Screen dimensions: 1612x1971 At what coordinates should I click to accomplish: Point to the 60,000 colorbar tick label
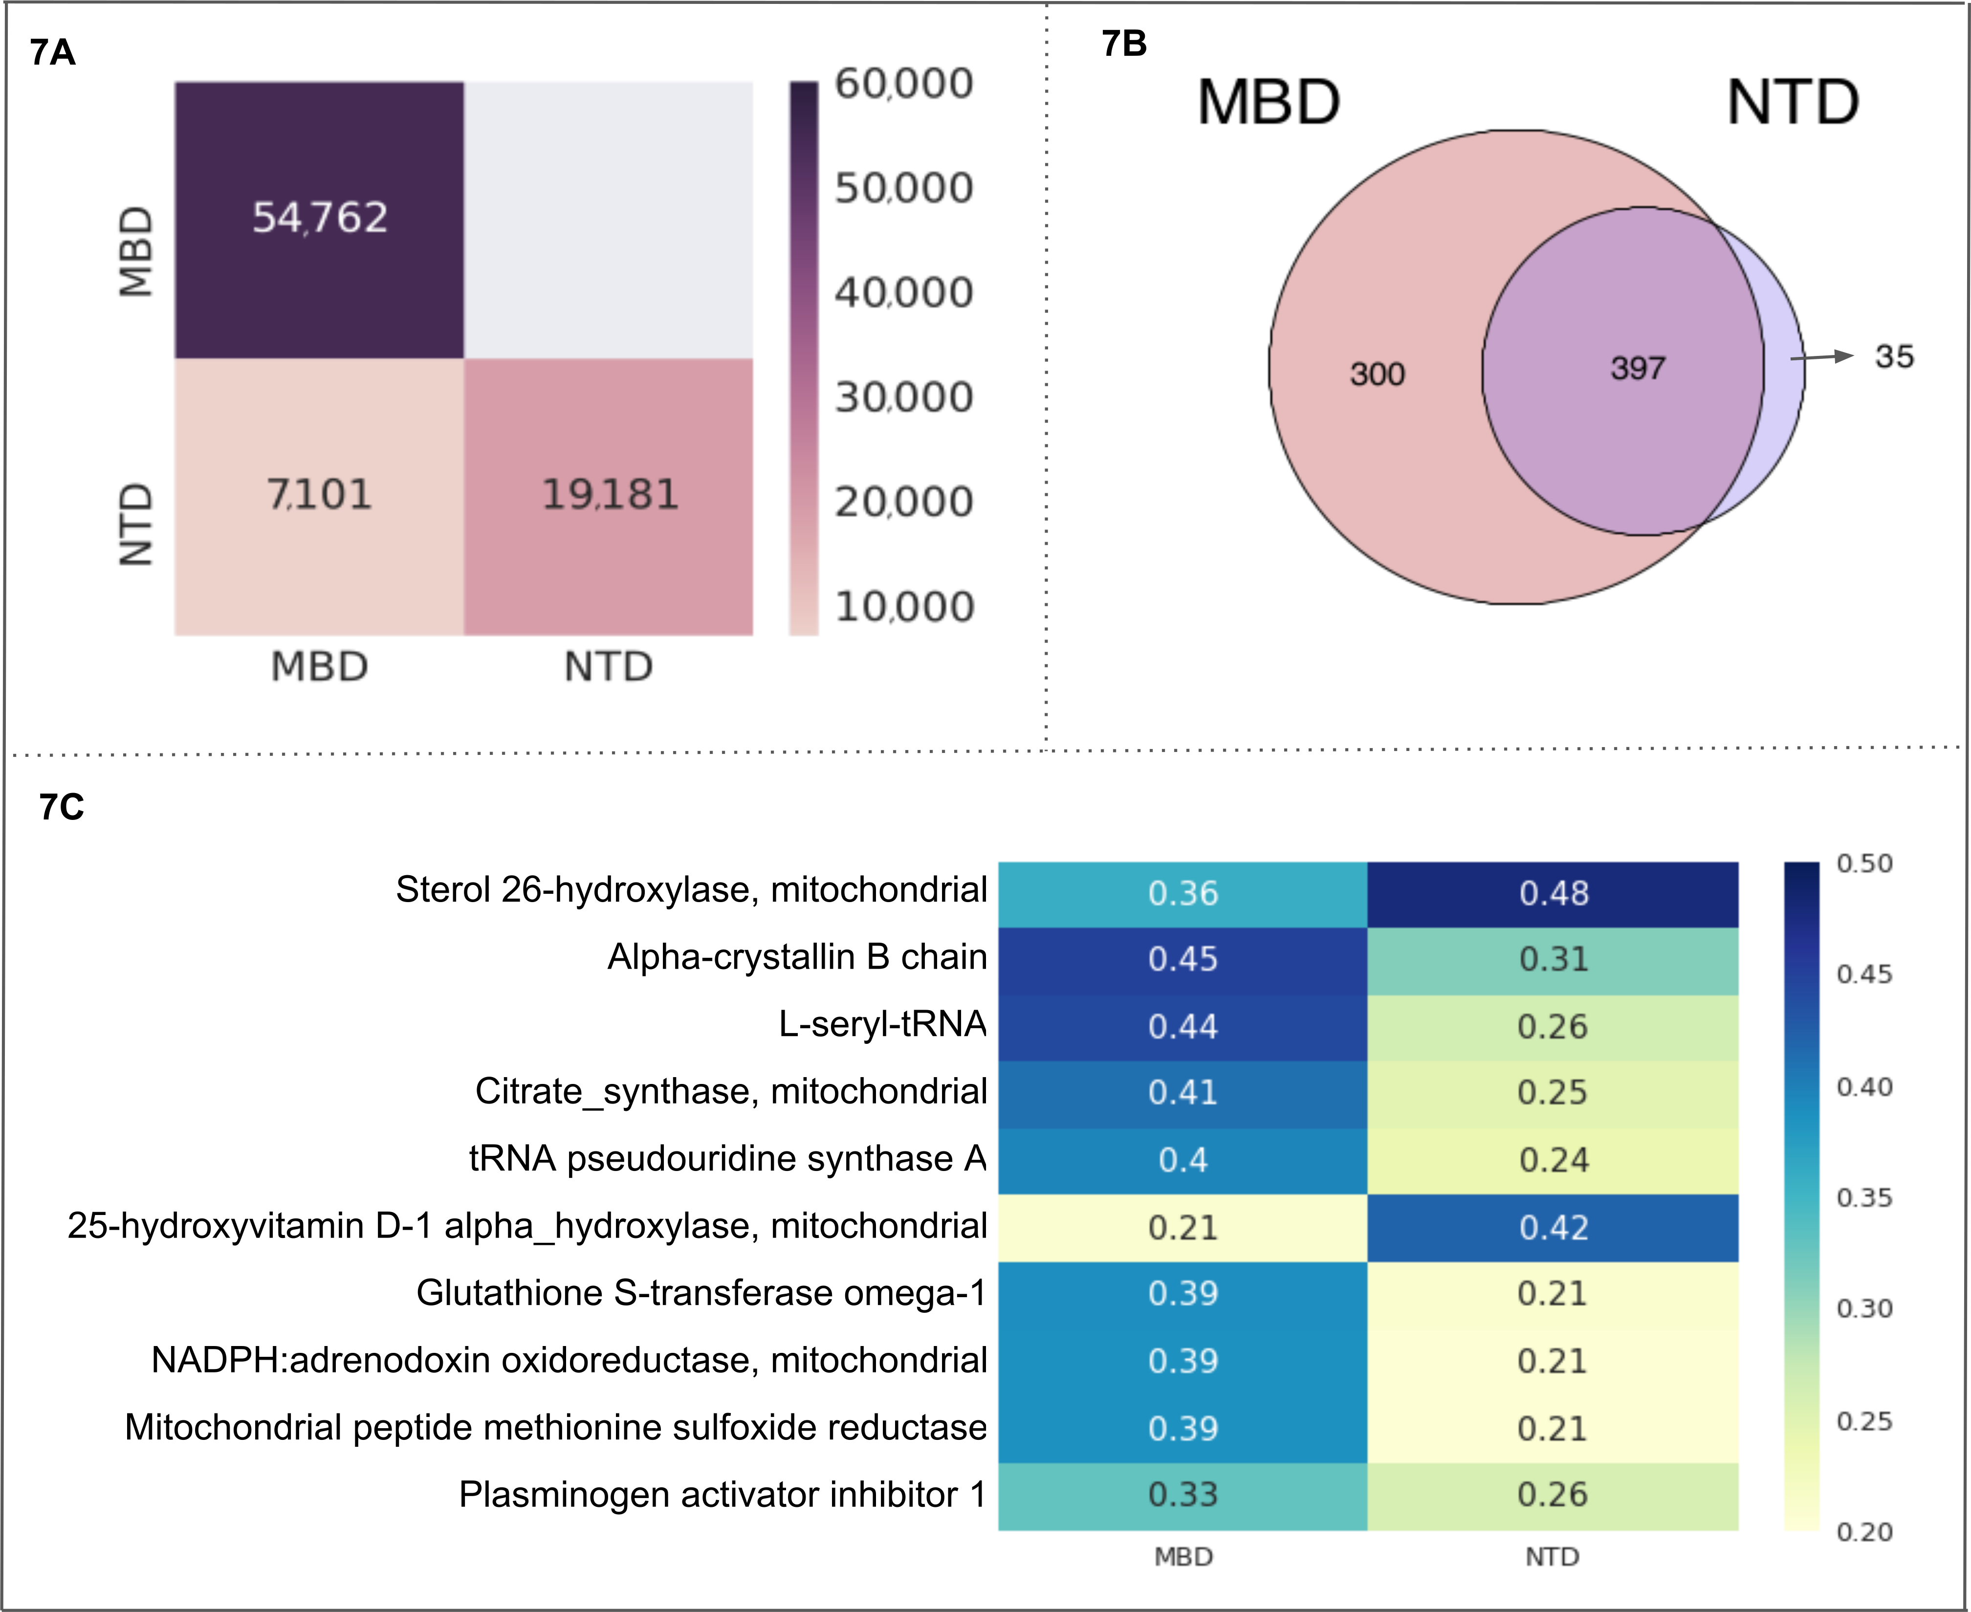pos(903,84)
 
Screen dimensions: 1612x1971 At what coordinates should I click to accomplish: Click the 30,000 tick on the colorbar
pos(903,397)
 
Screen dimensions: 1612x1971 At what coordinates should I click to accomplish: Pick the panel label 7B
pos(1123,44)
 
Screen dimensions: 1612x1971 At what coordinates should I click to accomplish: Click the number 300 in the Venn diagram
pos(1377,374)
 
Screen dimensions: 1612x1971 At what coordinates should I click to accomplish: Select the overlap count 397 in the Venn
pos(1638,368)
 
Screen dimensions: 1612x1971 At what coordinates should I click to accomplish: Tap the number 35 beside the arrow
pos(1894,356)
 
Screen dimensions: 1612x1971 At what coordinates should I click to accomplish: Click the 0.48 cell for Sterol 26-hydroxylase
pos(1553,893)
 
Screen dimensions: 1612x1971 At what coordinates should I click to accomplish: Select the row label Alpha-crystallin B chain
pos(797,956)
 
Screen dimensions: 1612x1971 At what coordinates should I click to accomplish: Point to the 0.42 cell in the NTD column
pos(1553,1228)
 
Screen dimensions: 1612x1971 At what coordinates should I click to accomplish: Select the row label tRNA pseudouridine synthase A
pos(727,1159)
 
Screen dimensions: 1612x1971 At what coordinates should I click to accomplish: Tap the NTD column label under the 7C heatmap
pos(1552,1556)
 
